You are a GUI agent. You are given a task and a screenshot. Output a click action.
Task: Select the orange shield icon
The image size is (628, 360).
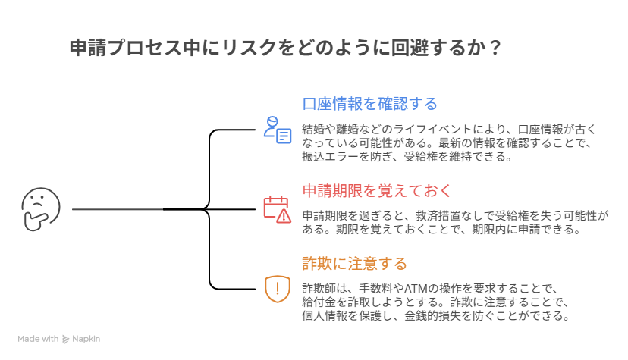pos(277,289)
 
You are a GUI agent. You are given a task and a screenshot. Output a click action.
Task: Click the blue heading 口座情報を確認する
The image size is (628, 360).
pos(370,104)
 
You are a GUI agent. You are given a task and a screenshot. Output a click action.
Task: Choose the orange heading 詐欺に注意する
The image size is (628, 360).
pos(354,264)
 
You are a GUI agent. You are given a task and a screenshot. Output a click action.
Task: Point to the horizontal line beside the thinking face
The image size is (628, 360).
pos(118,209)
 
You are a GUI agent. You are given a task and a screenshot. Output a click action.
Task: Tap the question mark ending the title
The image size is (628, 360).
pos(494,48)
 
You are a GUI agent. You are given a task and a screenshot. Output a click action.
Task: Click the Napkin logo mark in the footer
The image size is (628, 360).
pos(66,339)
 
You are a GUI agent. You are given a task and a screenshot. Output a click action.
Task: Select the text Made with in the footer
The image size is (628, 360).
pos(38,339)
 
